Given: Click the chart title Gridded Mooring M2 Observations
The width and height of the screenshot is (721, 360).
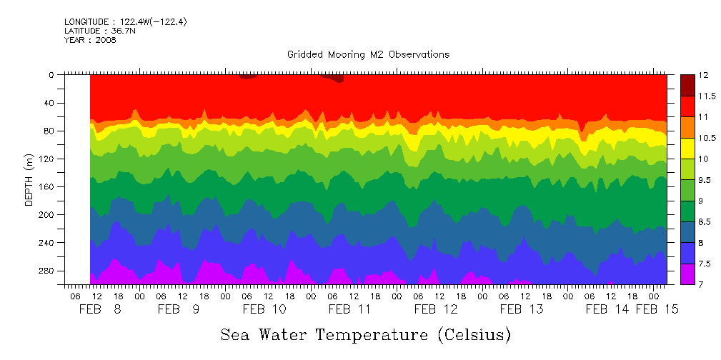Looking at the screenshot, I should [368, 54].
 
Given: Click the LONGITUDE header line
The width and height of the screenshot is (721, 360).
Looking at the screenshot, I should [126, 22].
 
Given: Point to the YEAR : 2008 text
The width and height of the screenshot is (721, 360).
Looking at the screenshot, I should [90, 40].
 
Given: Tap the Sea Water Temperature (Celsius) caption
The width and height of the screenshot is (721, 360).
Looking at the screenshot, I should [366, 334].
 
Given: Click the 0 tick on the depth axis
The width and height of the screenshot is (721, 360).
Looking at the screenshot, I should [51, 74].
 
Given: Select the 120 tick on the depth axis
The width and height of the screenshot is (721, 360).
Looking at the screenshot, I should [46, 159].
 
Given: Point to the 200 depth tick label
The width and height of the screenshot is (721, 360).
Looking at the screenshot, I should [46, 214].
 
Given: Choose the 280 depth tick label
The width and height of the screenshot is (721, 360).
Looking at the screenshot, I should [46, 271].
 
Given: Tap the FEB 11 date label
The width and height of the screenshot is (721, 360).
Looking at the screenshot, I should [349, 309].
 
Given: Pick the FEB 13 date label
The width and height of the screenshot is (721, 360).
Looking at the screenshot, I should [522, 309].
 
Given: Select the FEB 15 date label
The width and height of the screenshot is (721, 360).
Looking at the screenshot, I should [657, 309].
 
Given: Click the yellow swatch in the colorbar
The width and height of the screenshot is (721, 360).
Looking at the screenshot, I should [687, 147].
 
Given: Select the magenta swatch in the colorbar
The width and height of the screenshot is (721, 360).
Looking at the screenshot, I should [687, 274].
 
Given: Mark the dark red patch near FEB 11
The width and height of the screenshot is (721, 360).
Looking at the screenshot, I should [336, 78].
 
